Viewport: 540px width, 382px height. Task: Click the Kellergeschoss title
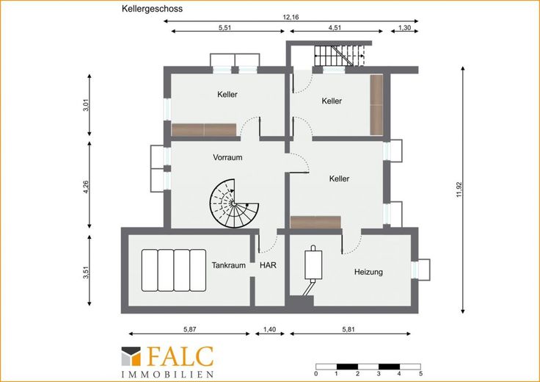click(152, 9)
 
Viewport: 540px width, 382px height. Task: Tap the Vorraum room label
click(227, 157)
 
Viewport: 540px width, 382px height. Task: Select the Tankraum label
click(229, 265)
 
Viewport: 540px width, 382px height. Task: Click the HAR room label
click(268, 265)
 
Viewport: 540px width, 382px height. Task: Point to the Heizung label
click(368, 272)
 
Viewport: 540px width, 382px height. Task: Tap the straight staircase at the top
click(340, 55)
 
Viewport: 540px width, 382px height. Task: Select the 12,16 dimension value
click(291, 17)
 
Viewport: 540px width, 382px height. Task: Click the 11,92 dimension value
click(459, 190)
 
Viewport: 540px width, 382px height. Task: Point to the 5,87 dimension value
click(190, 329)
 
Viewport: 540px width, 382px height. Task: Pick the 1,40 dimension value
click(270, 329)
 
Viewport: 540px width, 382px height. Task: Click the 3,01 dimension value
click(86, 105)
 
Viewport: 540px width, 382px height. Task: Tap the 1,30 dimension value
click(405, 28)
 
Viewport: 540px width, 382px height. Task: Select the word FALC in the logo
click(180, 356)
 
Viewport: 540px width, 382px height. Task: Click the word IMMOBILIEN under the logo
click(167, 374)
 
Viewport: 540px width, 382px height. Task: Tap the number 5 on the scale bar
click(420, 374)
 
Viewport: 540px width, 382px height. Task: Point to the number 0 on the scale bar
click(316, 374)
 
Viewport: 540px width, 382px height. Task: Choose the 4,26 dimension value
click(86, 186)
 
